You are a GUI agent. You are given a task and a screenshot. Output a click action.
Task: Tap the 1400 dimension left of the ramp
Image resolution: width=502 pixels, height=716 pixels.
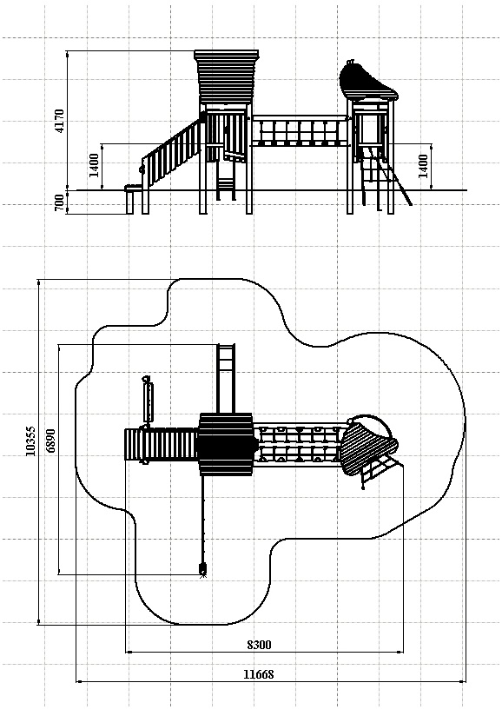tap(94, 166)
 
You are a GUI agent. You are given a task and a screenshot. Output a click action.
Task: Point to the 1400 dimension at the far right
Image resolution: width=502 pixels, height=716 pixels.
tap(424, 166)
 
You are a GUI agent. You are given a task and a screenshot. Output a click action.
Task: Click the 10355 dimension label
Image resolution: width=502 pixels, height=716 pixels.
tap(30, 441)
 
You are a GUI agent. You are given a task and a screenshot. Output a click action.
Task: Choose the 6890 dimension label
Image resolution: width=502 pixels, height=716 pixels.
tap(50, 441)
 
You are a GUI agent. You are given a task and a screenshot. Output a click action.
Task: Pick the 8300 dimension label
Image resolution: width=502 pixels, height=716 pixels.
tap(259, 645)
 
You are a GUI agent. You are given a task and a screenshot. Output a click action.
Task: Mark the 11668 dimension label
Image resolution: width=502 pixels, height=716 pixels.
tap(258, 674)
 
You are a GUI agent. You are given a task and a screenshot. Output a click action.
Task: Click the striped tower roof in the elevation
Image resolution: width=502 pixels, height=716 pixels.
tap(227, 76)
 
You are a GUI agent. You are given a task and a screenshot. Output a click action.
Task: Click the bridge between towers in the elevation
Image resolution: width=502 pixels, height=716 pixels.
tap(300, 131)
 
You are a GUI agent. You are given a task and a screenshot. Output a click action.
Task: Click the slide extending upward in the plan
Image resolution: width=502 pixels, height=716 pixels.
tap(226, 379)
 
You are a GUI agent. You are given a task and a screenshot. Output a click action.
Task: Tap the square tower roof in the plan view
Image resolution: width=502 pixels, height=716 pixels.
tap(225, 444)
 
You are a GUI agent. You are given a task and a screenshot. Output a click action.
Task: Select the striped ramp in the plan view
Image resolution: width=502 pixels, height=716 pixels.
tap(161, 444)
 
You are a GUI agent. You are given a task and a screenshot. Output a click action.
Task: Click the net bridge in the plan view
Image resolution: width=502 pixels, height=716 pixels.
tap(300, 444)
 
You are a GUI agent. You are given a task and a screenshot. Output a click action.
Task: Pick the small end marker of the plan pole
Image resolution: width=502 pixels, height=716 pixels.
tap(202, 569)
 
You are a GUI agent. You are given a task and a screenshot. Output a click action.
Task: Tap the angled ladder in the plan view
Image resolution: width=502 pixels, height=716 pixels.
tap(380, 471)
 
